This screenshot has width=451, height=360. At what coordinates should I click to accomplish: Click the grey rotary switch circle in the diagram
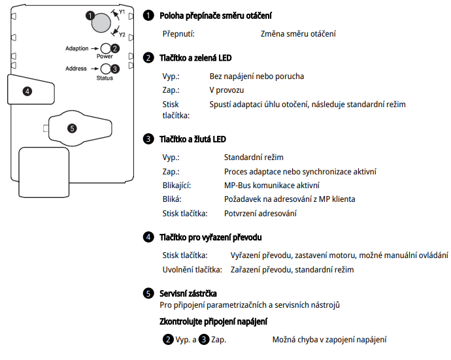tap(101, 23)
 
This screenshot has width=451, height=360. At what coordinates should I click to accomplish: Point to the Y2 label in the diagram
tap(122, 35)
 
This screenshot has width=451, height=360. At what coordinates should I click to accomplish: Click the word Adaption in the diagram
tap(76, 48)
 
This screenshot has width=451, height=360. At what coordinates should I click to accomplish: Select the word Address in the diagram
tap(76, 68)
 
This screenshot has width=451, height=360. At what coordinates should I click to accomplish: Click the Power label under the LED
tap(105, 57)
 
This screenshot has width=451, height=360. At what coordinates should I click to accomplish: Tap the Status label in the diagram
tap(105, 78)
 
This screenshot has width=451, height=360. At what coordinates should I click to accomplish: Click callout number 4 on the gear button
tap(27, 91)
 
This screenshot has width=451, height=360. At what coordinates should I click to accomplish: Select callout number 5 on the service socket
tap(72, 128)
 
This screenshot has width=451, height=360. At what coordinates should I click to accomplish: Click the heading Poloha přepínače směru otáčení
tap(216, 15)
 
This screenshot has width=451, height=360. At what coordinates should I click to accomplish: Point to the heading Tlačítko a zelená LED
tap(195, 58)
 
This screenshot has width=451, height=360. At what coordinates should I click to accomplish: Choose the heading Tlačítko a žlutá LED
tap(193, 139)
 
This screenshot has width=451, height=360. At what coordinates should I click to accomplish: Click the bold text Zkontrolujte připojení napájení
tap(213, 321)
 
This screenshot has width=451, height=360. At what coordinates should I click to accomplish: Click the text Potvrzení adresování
tap(260, 213)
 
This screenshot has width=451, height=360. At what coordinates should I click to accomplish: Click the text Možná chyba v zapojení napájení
tap(329, 340)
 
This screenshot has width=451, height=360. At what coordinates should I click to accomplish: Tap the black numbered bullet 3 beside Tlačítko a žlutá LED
tap(148, 139)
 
